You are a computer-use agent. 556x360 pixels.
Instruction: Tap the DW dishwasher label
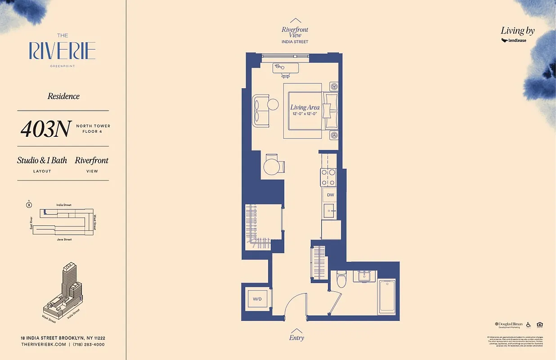[330, 195]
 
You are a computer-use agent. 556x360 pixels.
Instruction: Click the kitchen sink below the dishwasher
[330, 211]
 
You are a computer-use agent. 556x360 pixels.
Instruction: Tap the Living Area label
[305, 107]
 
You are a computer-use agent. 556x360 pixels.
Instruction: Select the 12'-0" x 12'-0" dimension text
[305, 114]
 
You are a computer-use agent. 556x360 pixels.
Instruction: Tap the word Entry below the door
[296, 337]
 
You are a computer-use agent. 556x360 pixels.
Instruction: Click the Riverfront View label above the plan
[295, 32]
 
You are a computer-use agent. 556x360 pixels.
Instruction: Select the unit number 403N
[45, 129]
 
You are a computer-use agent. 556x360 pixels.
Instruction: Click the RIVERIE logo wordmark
[63, 51]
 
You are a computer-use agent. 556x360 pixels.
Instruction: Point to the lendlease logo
[514, 40]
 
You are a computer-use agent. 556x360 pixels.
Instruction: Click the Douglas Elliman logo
[509, 324]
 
